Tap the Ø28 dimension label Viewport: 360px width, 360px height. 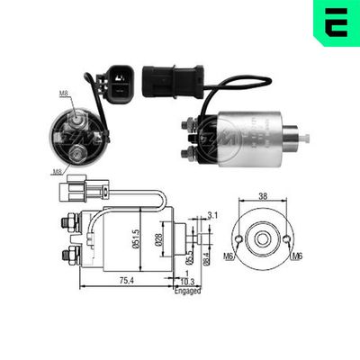pos(158,238)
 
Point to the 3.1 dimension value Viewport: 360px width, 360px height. pos(212,214)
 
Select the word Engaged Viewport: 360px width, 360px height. pos(187,291)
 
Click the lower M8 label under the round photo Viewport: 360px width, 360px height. pos(58,170)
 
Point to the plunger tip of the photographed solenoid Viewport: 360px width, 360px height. pos(304,138)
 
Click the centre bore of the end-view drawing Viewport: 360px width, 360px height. pos(262,239)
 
